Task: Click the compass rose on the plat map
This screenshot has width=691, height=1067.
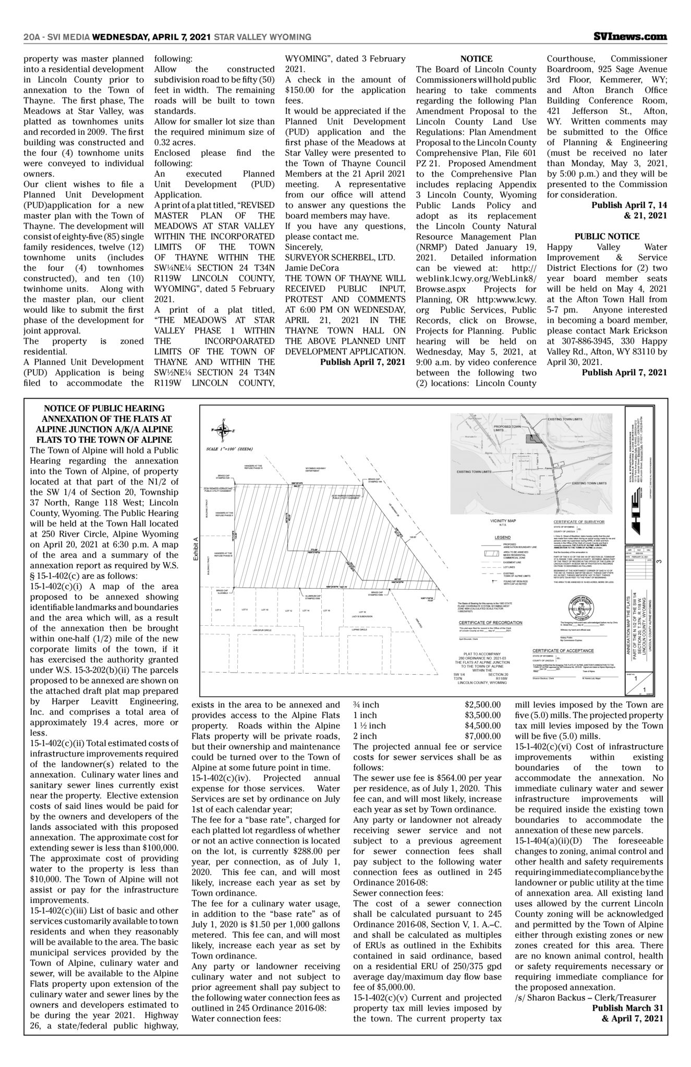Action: coord(224,430)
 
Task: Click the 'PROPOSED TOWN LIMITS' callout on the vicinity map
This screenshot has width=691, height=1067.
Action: coord(507,428)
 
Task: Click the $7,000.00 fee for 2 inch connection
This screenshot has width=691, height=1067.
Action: coord(482,736)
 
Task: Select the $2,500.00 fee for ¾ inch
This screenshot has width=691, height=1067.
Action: coord(482,705)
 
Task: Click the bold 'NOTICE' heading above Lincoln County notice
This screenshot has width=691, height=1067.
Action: coord(476,59)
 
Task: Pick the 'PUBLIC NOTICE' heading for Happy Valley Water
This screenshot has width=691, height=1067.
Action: coord(607,237)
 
